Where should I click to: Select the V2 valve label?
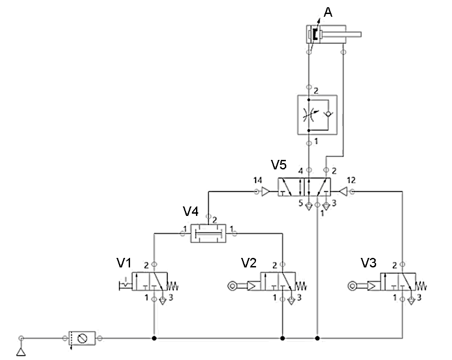[248, 263]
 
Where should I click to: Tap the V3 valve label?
[368, 263]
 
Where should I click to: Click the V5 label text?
[279, 165]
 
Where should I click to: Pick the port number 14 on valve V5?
[257, 181]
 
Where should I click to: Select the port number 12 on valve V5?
[351, 181]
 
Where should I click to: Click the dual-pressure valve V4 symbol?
[207, 233]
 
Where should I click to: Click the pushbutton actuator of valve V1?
[125, 285]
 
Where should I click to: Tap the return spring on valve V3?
[421, 286]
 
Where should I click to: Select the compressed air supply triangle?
[21, 351]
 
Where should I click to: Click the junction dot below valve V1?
[154, 338]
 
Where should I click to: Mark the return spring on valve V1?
[173, 286]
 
